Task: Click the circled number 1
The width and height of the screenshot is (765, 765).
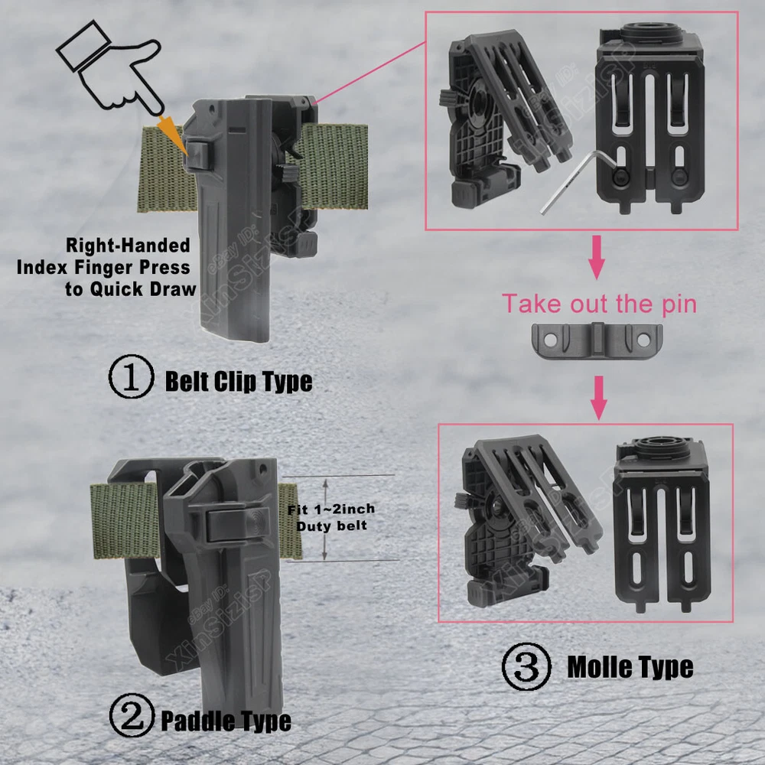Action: click(131, 376)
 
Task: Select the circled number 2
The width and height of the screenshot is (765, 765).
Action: click(132, 715)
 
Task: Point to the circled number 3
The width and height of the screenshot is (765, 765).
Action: click(526, 666)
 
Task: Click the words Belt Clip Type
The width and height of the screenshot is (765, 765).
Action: click(239, 381)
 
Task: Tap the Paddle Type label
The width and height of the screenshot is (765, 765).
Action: click(226, 721)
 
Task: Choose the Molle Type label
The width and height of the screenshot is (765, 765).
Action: click(630, 666)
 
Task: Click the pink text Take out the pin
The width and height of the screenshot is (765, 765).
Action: click(599, 304)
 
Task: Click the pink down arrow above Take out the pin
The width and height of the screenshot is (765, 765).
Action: click(597, 258)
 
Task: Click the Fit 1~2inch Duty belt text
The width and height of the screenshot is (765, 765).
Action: click(331, 517)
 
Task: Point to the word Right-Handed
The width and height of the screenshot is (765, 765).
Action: click(128, 246)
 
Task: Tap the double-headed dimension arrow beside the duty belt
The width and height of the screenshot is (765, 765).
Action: click(325, 519)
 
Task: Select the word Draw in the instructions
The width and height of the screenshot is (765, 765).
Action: click(173, 289)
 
